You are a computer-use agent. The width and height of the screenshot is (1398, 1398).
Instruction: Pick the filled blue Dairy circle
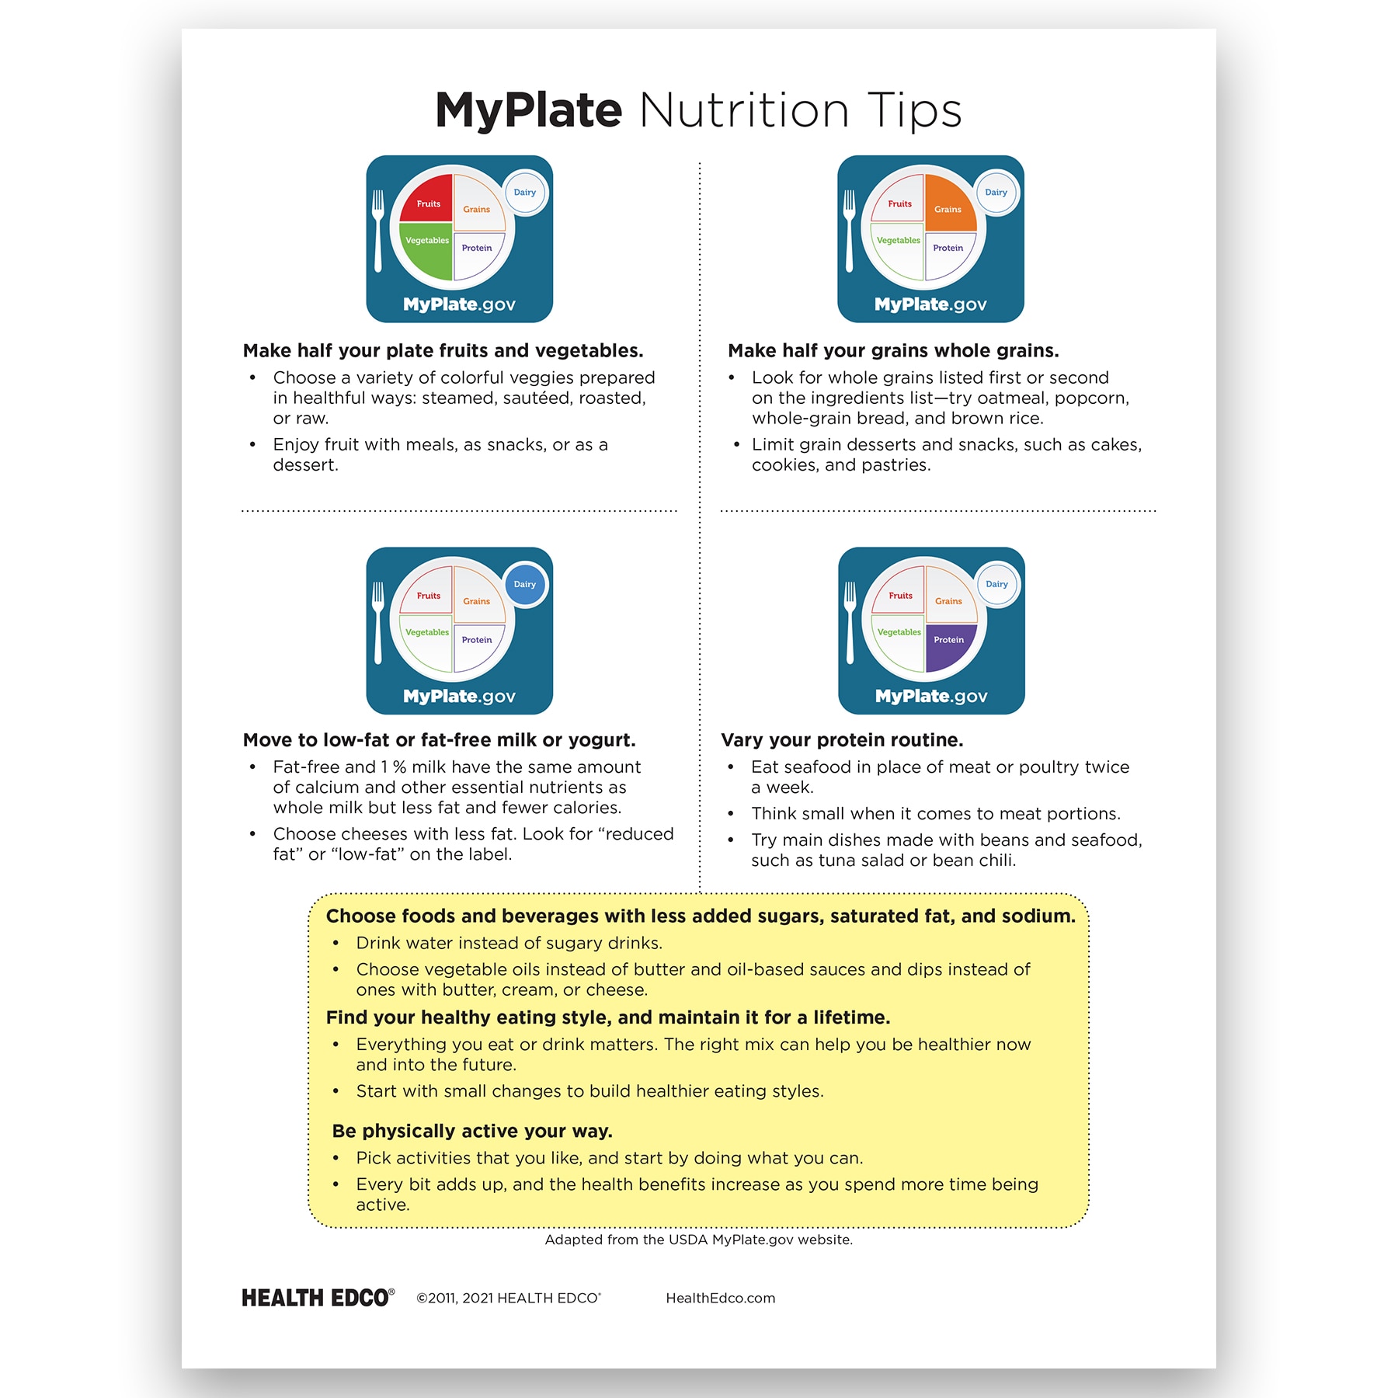pyautogui.click(x=525, y=585)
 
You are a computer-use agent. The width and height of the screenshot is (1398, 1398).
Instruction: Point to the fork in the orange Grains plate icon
pyautogui.click(x=849, y=231)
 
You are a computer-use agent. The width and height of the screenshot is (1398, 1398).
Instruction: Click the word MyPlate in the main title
pyautogui.click(x=528, y=110)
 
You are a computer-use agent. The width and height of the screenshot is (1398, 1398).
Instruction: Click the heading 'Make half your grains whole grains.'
pyautogui.click(x=893, y=351)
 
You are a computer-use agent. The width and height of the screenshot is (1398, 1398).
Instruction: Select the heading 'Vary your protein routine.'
pyautogui.click(x=842, y=740)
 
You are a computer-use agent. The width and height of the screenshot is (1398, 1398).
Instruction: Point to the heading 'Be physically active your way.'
pyautogui.click(x=472, y=1131)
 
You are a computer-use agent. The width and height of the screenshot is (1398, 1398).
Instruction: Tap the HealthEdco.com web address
pyautogui.click(x=720, y=1299)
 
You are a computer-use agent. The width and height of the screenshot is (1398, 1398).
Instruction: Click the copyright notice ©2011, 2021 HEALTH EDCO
pyautogui.click(x=509, y=1299)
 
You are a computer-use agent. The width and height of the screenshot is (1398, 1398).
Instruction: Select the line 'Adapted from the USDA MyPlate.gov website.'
pyautogui.click(x=698, y=1240)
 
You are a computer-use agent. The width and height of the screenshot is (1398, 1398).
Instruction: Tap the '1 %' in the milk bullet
pyautogui.click(x=394, y=767)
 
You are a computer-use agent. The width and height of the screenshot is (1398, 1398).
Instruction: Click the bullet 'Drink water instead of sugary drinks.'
pyautogui.click(x=509, y=943)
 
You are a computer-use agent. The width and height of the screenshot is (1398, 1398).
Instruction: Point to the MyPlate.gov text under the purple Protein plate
pyautogui.click(x=931, y=697)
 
